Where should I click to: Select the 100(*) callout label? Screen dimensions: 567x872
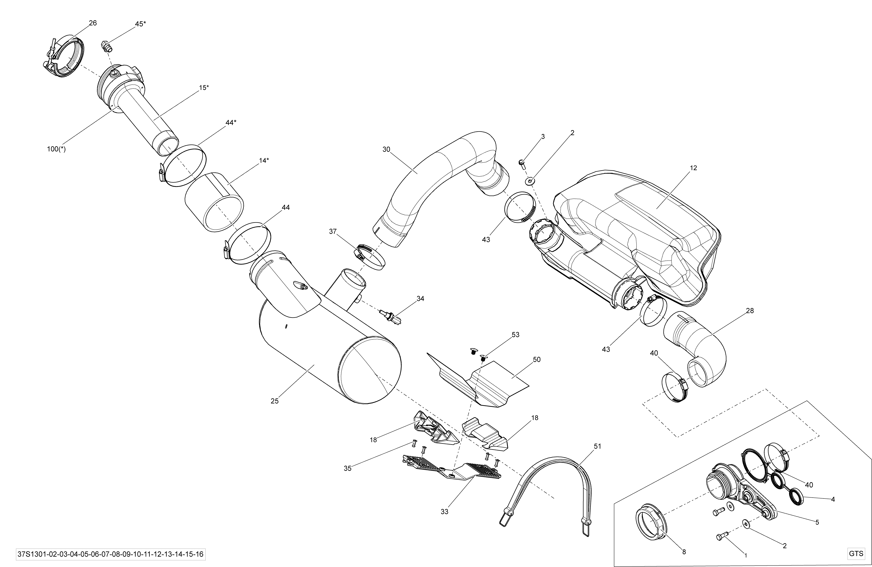(x=56, y=149)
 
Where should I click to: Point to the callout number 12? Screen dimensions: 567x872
(x=693, y=168)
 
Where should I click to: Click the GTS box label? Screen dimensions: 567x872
(x=856, y=554)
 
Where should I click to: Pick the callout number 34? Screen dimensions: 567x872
(x=420, y=299)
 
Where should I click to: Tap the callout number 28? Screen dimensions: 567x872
(x=750, y=311)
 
